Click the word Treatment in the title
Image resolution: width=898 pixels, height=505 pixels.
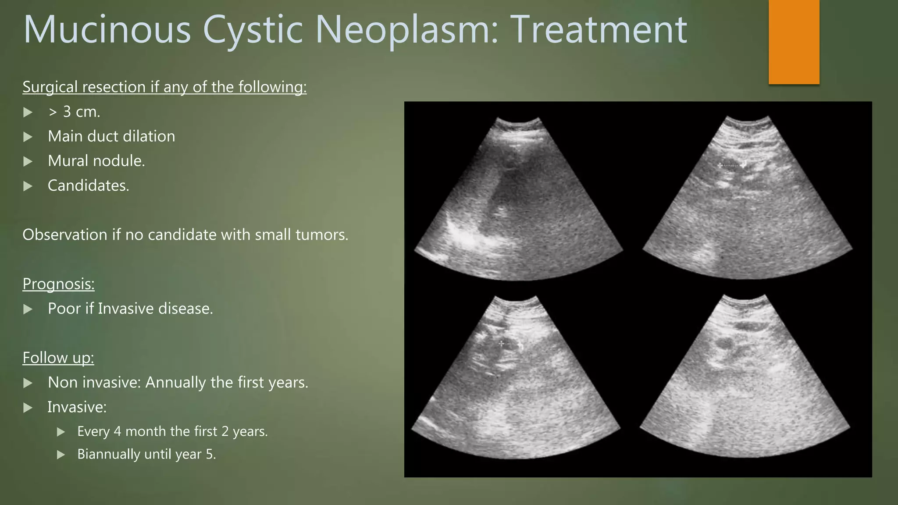(x=599, y=30)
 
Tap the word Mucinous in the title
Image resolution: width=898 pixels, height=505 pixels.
(x=107, y=30)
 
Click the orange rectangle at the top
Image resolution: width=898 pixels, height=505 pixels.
(x=794, y=42)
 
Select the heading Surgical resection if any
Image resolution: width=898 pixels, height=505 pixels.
(x=164, y=87)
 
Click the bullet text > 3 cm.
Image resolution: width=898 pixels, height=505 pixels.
(x=74, y=112)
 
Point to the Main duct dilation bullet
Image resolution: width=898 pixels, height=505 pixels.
(x=111, y=136)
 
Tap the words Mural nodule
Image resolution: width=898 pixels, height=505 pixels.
(x=96, y=161)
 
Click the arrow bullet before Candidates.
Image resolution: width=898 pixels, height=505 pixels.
(x=28, y=186)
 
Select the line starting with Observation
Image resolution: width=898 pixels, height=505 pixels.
(x=185, y=235)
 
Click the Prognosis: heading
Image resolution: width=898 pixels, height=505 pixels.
(x=58, y=284)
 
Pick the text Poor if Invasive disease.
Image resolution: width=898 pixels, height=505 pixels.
(x=130, y=309)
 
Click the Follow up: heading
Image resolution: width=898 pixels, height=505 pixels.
(x=58, y=358)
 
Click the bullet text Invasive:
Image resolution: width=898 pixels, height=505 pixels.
(x=77, y=407)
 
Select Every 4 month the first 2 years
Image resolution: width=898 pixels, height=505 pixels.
(x=172, y=431)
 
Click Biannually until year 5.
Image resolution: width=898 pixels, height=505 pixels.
(x=146, y=454)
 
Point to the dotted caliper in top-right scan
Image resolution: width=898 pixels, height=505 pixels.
(x=731, y=165)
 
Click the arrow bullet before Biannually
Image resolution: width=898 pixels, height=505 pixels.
(x=61, y=455)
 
